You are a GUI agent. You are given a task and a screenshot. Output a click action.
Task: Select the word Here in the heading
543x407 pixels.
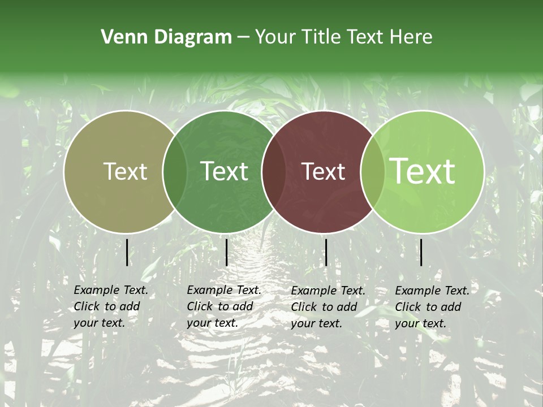pyautogui.click(x=411, y=37)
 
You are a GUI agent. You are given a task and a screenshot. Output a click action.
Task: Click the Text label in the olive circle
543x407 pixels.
pyautogui.click(x=126, y=172)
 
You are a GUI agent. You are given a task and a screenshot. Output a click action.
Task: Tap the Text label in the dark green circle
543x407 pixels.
pyautogui.click(x=225, y=172)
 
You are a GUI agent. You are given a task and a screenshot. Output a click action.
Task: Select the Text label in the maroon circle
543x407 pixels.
pyautogui.click(x=324, y=172)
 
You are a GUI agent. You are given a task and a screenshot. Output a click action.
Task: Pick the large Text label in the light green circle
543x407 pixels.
pyautogui.click(x=423, y=172)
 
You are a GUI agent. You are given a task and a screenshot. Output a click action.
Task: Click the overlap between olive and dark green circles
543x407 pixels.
pyautogui.click(x=175, y=172)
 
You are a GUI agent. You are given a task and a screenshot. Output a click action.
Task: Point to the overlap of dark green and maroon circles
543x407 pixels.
pyautogui.click(x=274, y=172)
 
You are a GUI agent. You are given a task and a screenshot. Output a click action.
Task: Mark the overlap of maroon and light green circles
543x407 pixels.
pyautogui.click(x=373, y=172)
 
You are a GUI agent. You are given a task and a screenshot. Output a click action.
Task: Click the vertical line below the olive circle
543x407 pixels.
pyautogui.click(x=127, y=252)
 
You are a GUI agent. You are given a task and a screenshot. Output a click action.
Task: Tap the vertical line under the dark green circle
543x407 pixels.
pyautogui.click(x=226, y=252)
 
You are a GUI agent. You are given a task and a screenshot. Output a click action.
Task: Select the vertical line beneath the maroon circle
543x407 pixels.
pyautogui.click(x=326, y=252)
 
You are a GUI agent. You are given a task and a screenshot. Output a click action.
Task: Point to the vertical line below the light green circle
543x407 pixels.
pyautogui.click(x=421, y=252)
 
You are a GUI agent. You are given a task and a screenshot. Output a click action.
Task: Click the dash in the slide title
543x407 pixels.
pyautogui.click(x=243, y=38)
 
